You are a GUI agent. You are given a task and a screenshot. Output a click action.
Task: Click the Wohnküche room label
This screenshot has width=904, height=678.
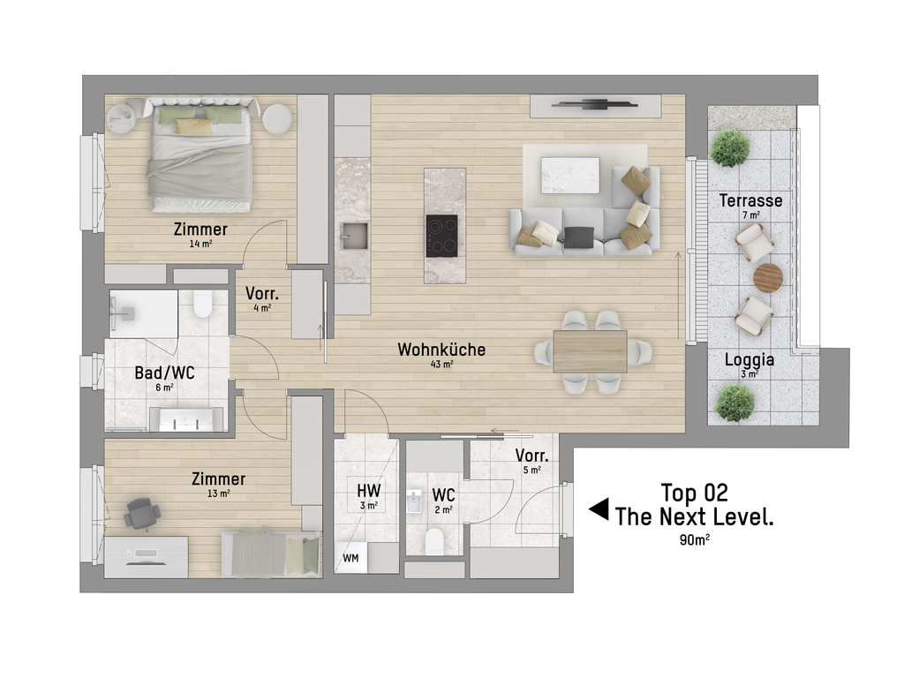coord(441,350)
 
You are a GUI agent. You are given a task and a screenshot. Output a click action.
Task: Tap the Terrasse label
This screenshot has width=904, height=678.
coord(750,200)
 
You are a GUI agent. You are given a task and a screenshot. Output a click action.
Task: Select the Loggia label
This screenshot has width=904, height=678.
coord(749,360)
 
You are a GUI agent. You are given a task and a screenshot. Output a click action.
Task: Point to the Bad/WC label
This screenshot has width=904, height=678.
coord(164,373)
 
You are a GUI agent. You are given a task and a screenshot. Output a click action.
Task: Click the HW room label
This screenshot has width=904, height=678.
coord(368,491)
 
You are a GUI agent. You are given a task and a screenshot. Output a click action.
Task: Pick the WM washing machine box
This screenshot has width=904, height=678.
coord(350,558)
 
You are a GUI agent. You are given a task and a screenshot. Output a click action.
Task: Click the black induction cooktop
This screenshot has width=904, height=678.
coord(441,236)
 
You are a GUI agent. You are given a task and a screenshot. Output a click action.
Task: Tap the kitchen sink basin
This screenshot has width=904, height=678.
coord(353,236)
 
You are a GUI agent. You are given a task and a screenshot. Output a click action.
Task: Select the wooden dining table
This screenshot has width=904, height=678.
coord(591,351)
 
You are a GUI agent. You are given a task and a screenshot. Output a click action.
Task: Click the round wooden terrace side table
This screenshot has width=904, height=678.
coord(768,278)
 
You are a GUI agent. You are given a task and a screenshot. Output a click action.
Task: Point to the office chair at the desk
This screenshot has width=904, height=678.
coord(142,514)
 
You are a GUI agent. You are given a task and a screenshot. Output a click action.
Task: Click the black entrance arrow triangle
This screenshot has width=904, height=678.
coord(599,509)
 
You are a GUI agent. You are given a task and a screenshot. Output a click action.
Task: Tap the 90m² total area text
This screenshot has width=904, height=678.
coord(695,540)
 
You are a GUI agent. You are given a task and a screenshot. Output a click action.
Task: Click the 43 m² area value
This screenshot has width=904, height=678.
coord(441,365)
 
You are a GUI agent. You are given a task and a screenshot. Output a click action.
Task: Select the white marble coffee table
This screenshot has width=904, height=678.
coord(569,175)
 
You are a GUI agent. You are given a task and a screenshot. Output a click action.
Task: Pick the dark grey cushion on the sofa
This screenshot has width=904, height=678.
coord(579,237)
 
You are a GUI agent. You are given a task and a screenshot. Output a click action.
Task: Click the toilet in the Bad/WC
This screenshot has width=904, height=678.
coord(203,304)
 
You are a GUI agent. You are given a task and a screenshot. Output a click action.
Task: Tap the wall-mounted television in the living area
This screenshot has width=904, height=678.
coord(595,105)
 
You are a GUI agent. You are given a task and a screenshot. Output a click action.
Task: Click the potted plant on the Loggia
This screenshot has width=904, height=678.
coord(735,402)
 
